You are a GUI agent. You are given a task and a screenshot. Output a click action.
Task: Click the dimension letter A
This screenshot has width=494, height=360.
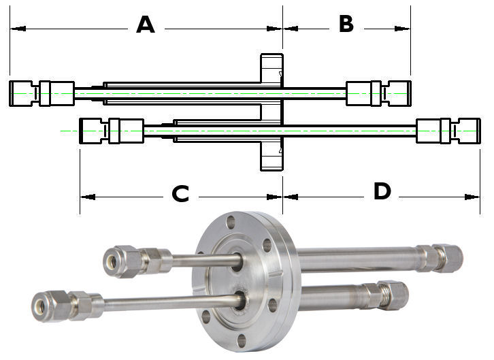146,24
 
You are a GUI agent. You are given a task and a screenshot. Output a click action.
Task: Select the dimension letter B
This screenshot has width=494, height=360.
346,24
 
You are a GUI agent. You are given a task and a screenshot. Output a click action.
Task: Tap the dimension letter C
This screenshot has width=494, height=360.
180,194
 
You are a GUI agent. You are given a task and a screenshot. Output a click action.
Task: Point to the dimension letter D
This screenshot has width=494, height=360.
382,191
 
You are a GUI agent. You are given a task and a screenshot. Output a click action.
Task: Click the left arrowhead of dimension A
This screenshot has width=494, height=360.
18,29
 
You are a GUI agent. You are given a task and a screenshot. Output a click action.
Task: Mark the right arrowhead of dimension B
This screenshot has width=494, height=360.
402,29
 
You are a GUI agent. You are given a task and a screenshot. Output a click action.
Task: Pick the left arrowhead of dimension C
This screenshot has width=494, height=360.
88,197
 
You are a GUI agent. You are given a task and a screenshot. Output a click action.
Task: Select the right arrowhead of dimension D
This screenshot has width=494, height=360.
472,197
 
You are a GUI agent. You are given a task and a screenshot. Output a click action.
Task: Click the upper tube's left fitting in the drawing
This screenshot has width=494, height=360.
42,93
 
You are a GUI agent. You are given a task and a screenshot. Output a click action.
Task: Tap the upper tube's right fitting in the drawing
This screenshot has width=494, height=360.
379,93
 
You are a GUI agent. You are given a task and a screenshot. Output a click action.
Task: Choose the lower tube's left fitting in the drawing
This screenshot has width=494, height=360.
112,131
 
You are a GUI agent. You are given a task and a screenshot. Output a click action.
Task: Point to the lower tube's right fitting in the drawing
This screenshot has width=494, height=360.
448,131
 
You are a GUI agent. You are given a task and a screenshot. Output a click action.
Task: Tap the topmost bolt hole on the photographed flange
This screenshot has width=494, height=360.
231,221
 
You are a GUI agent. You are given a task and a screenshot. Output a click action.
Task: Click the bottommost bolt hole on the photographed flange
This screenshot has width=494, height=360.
242,341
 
